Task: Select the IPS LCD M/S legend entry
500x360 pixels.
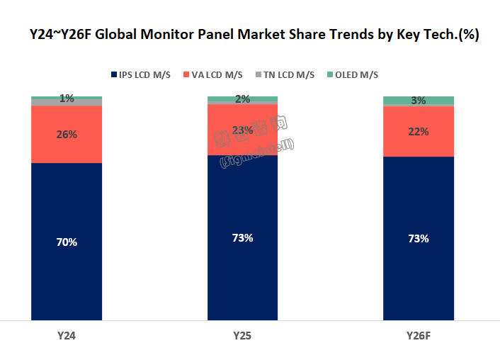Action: pos(141,75)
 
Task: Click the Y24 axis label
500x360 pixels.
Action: pos(67,334)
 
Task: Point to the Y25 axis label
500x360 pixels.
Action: pos(242,334)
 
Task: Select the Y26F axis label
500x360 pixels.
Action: pos(419,334)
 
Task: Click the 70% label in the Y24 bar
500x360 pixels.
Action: pos(67,242)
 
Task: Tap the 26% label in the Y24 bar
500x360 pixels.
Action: pos(67,134)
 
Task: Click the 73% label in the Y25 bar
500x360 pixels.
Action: pos(242,237)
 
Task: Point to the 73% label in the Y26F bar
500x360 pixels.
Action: pos(419,238)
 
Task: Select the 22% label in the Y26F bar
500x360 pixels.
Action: pos(419,131)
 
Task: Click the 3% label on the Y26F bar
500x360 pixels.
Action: pos(419,101)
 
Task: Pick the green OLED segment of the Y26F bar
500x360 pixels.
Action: pos(397,101)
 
